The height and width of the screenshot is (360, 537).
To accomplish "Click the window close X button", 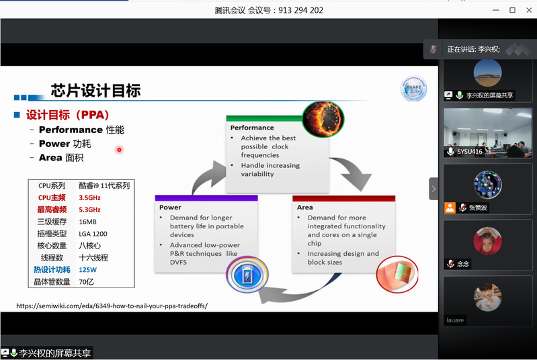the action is click(529, 10).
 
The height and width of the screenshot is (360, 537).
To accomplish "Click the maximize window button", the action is click(512, 10).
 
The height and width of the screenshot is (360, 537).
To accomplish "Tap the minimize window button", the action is click(495, 10).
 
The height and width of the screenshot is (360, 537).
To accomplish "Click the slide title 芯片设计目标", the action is click(95, 91).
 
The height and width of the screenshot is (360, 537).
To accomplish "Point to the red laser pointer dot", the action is click(119, 150).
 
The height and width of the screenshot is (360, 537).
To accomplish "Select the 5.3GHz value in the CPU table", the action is click(90, 210).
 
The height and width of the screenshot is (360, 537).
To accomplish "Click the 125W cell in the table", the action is click(87, 269).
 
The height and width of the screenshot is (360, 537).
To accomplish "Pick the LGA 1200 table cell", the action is click(93, 234).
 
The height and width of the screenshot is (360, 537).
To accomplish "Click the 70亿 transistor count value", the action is click(86, 281).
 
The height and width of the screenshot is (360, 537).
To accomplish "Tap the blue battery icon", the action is click(247, 275).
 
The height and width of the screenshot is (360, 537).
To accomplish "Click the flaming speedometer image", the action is click(323, 120).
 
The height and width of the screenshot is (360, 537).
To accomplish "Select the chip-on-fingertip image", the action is click(397, 275).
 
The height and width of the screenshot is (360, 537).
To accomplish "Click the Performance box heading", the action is click(252, 128).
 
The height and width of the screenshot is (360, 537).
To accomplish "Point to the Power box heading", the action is click(170, 208).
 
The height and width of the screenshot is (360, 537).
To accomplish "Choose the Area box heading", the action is click(305, 208).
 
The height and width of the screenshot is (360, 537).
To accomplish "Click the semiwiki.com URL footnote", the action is click(112, 306).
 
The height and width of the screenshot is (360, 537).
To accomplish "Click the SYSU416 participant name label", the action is click(470, 152).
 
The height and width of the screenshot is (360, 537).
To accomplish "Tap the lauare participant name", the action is click(455, 320).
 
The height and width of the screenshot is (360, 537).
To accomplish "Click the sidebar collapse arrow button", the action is click(433, 189).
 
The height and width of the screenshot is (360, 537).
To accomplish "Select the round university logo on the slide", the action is click(414, 89).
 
